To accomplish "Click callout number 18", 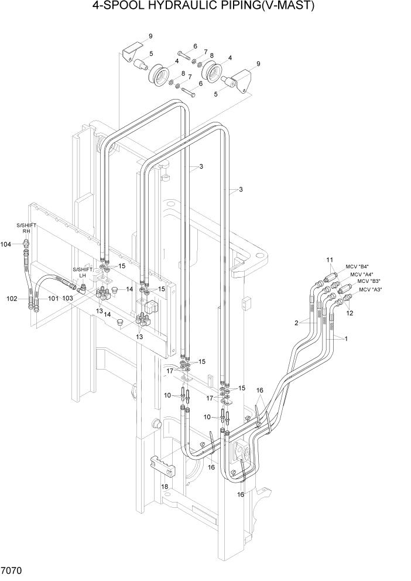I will [x=165, y=487].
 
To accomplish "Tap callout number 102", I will [x=12, y=299].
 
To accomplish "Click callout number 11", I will [x=330, y=259].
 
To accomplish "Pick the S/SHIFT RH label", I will [x=26, y=228].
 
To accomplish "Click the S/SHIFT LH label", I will [x=83, y=272].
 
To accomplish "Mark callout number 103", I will [x=67, y=299].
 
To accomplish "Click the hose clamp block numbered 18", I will [x=163, y=466].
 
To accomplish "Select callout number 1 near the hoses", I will [x=346, y=339].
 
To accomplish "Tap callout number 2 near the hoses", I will [x=297, y=323].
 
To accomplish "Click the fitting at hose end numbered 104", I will [x=25, y=244].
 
